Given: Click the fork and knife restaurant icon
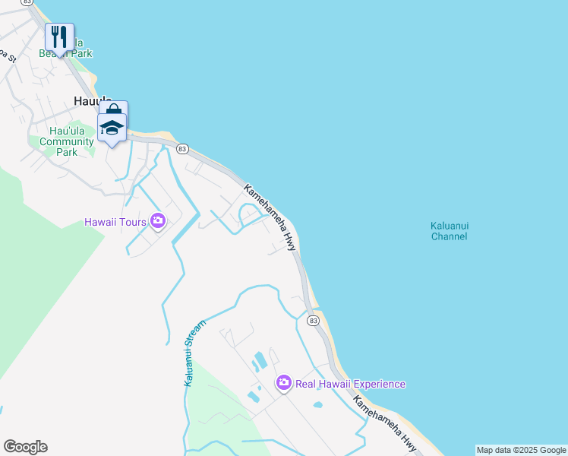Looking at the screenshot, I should pyautogui.click(x=59, y=36).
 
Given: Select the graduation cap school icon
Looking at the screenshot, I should pyautogui.click(x=112, y=128).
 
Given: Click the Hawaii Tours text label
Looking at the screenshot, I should pyautogui.click(x=116, y=222).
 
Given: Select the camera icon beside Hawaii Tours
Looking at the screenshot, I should pyautogui.click(x=158, y=221).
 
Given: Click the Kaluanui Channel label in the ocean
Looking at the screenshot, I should pyautogui.click(x=449, y=231).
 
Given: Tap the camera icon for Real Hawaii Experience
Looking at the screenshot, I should pyautogui.click(x=283, y=383).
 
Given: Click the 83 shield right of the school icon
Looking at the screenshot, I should pyautogui.click(x=181, y=149).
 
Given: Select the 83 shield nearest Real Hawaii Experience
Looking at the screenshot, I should pyautogui.click(x=313, y=321).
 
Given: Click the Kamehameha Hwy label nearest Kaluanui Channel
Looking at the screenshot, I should pyautogui.click(x=270, y=217).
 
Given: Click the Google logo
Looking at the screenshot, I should pyautogui.click(x=25, y=447).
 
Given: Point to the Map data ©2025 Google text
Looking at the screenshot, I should pyautogui.click(x=521, y=450).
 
